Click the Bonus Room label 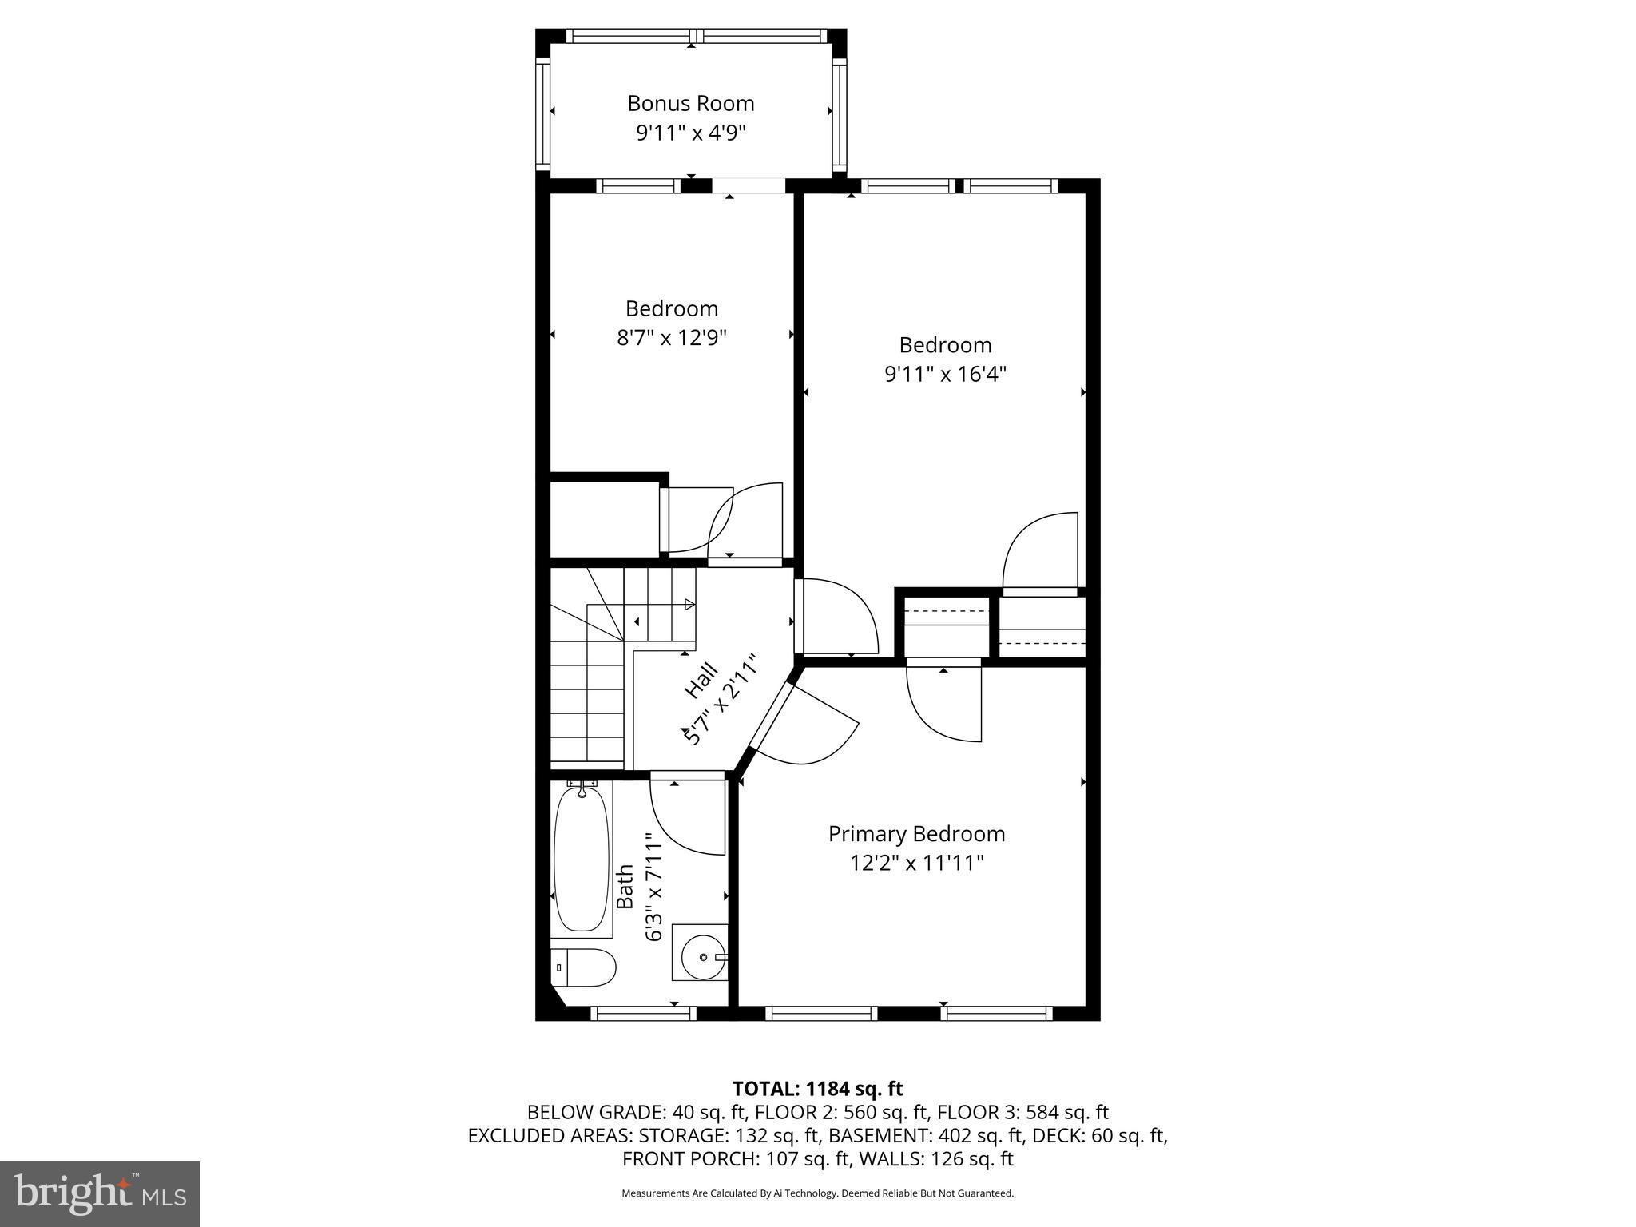(x=690, y=104)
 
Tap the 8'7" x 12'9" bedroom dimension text (x=671, y=338)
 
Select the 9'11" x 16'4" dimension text (x=945, y=374)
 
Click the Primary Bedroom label (x=916, y=834)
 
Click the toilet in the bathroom (x=584, y=967)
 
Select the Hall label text (x=701, y=679)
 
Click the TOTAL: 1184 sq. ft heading (x=817, y=1089)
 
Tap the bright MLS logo (x=100, y=1194)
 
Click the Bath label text (x=625, y=886)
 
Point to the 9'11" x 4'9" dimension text (x=690, y=133)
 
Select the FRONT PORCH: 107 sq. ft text (x=724, y=1158)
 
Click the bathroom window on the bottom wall (x=643, y=1013)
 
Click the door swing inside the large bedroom (x=1038, y=551)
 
